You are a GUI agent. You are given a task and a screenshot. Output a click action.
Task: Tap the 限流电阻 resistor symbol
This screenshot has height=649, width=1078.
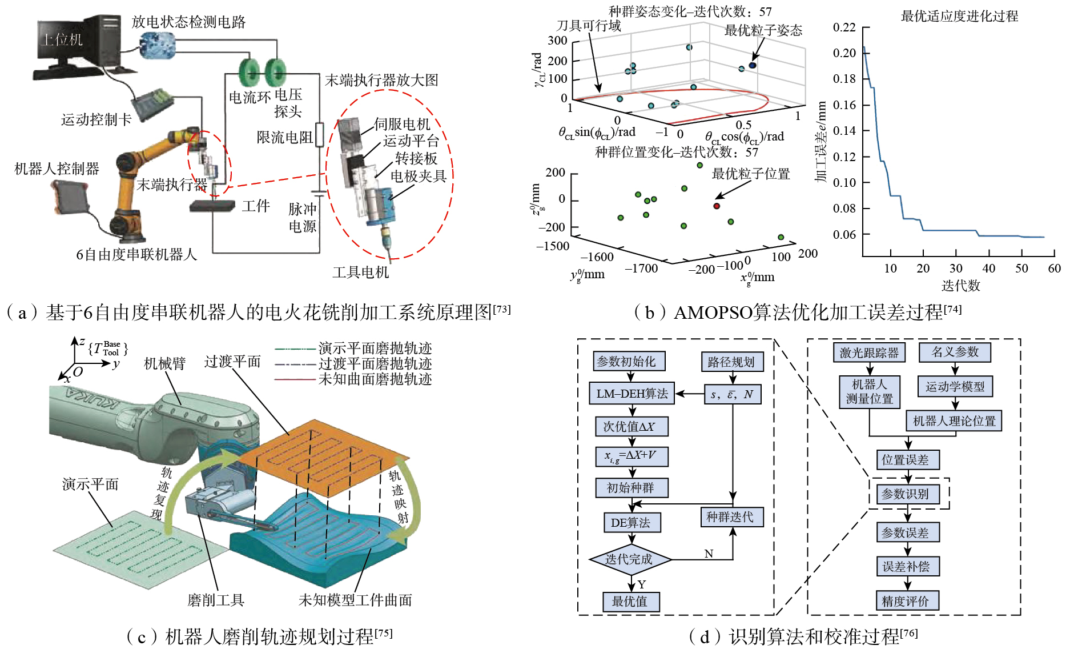[320, 135]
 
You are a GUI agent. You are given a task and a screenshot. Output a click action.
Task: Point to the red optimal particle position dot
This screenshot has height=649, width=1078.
[717, 206]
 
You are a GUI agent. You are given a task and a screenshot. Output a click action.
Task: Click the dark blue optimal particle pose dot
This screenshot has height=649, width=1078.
[753, 65]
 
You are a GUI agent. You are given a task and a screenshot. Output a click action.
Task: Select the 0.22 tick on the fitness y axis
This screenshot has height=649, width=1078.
[844, 27]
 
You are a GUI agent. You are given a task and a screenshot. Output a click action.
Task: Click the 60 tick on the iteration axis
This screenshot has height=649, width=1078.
[1054, 269]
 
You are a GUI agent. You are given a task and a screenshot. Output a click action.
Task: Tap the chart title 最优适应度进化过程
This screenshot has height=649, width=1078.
[959, 16]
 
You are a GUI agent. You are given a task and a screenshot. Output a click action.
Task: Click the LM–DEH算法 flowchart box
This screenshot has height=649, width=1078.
[631, 394]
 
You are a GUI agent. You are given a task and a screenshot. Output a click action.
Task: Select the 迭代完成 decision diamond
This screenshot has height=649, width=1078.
[630, 559]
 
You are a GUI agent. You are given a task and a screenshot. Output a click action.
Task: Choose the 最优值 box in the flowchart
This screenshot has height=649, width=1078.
[630, 602]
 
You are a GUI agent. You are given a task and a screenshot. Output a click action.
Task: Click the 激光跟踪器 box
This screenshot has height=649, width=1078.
[868, 352]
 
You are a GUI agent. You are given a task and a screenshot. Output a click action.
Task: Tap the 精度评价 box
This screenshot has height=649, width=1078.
[906, 601]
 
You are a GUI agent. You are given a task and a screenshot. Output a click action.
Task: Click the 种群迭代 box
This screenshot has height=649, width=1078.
[731, 517]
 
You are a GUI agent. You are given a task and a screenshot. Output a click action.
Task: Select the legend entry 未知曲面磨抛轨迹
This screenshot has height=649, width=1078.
[375, 379]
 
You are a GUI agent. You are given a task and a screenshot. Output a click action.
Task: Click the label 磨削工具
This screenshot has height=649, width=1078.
[216, 600]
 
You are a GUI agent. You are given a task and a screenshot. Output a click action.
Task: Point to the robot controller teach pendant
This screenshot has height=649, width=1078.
[71, 197]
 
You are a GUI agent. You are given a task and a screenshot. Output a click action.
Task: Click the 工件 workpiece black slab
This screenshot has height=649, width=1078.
[212, 205]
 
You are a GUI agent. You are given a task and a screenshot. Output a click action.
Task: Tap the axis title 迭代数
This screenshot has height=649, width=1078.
[960, 286]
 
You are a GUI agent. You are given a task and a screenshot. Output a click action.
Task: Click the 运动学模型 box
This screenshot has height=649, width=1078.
[955, 387]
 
